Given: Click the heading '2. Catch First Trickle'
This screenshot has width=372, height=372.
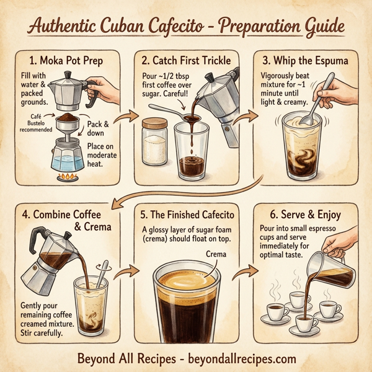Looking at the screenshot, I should tap(185, 61).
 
